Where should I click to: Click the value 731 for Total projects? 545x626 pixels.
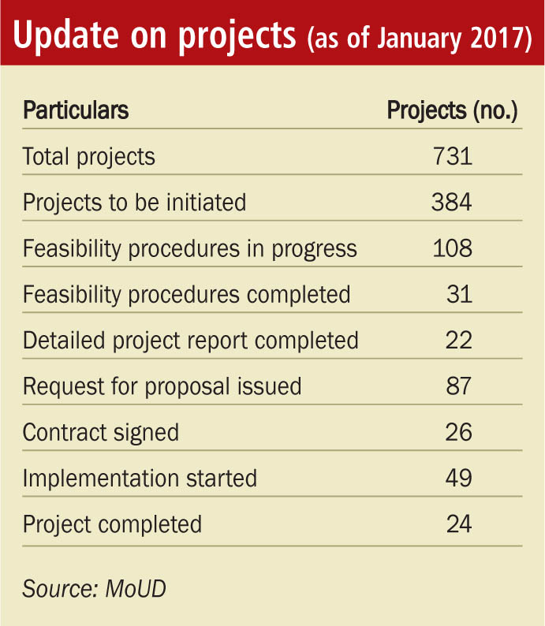(452, 156)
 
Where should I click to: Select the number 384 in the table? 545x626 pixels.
(452, 203)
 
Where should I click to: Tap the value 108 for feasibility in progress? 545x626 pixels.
(452, 249)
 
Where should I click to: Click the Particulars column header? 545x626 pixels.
(76, 110)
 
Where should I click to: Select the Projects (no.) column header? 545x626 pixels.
(452, 110)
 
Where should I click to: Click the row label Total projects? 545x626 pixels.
(89, 156)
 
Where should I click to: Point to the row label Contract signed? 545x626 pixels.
(101, 432)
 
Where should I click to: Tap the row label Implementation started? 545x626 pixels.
(140, 478)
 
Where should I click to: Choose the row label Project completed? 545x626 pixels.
(112, 524)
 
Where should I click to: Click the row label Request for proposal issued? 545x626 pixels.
(162, 386)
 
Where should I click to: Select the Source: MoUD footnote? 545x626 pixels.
(95, 588)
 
